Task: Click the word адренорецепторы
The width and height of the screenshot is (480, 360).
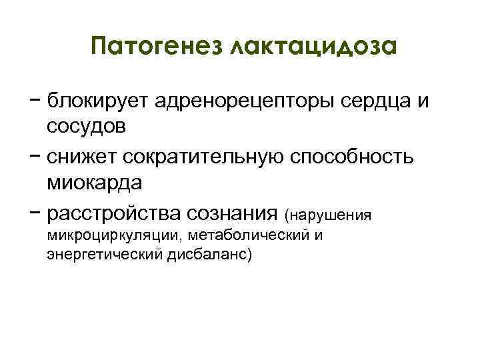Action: coord(240,101)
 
